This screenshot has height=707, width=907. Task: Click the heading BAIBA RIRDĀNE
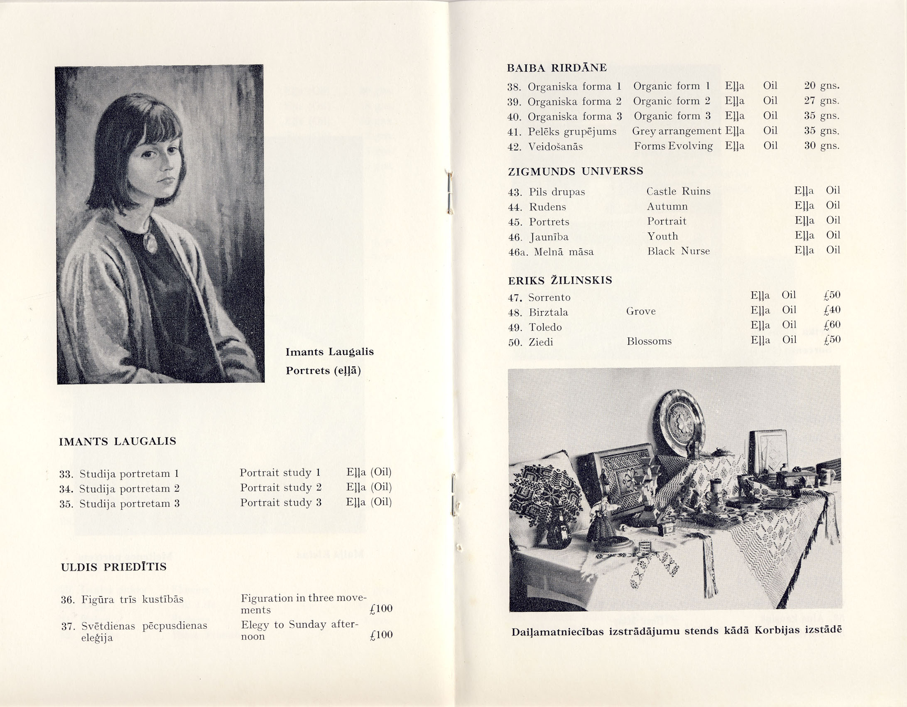tap(557, 68)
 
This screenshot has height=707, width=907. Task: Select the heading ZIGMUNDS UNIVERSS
tap(576, 171)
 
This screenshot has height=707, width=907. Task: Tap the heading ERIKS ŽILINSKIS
tap(560, 280)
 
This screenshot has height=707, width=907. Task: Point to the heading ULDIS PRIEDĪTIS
tap(113, 567)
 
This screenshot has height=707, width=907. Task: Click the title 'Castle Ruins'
tap(678, 191)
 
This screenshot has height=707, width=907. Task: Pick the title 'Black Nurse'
tap(678, 251)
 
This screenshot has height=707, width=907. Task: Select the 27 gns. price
tap(821, 101)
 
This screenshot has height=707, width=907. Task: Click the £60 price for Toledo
tap(832, 325)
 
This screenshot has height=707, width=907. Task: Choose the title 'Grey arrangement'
tap(677, 131)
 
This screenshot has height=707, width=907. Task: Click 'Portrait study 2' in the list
tap(281, 488)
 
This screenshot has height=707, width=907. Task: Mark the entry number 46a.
tap(517, 252)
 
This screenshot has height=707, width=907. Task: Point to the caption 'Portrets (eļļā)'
tap(323, 371)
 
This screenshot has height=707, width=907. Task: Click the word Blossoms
tap(649, 341)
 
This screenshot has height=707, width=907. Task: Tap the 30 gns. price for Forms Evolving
tap(821, 146)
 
